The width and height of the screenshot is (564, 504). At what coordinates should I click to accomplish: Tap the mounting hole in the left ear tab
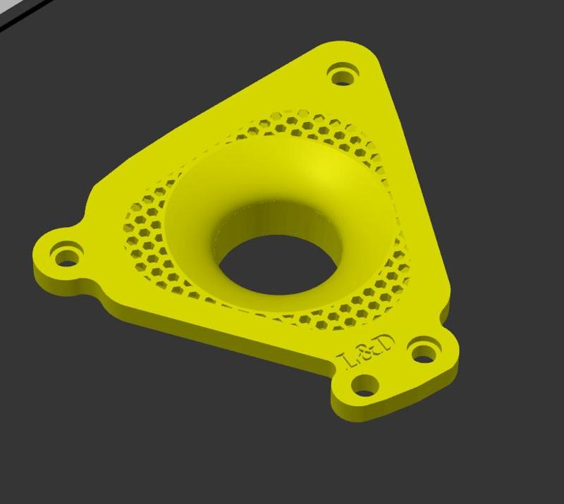point(68,253)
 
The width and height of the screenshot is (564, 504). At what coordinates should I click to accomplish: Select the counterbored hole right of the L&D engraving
point(423,351)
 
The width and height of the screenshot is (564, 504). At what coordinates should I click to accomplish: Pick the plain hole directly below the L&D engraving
point(365,383)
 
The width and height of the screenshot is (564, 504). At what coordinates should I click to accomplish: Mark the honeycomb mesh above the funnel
point(310,127)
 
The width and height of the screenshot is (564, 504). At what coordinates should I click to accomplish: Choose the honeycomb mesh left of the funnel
point(145,233)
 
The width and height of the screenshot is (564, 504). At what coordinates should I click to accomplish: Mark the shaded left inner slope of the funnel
point(190,226)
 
